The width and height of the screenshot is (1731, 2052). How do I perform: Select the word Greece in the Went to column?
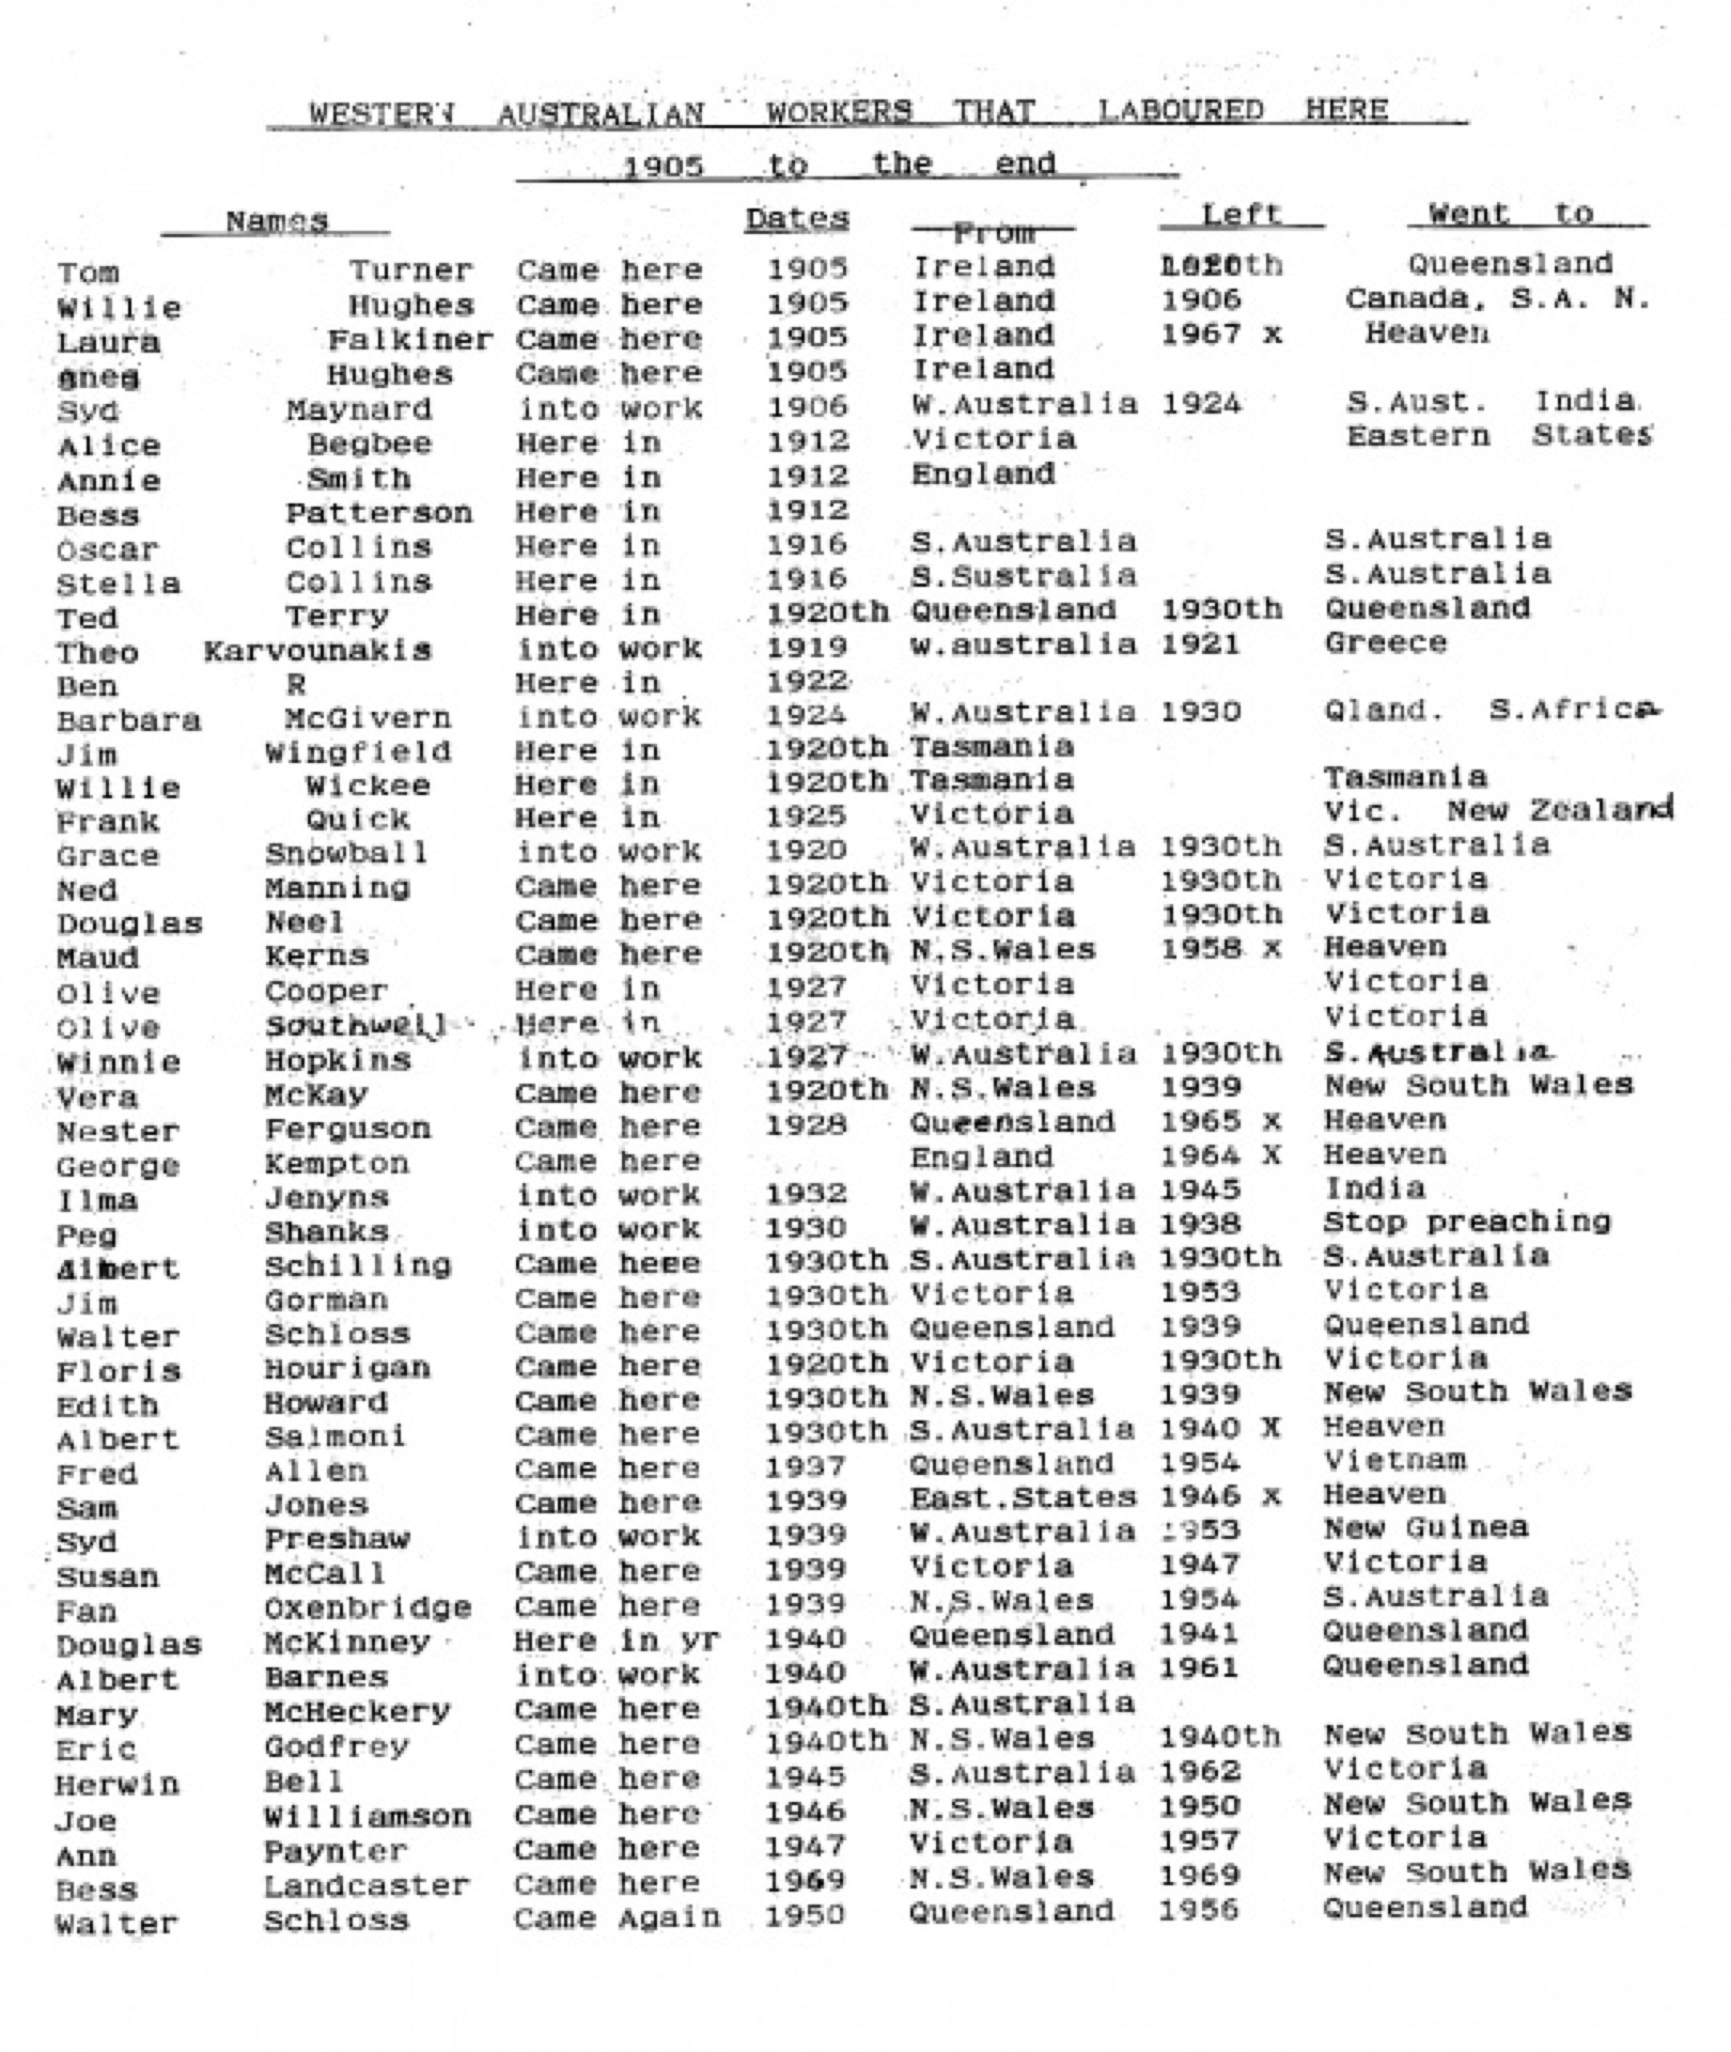pos(1385,643)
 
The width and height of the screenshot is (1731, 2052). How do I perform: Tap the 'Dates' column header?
pos(796,218)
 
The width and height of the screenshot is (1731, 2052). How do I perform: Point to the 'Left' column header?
pos(1241,214)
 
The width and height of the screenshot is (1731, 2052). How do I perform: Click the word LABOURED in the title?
pos(1180,110)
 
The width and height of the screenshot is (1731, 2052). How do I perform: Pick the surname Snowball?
pos(346,853)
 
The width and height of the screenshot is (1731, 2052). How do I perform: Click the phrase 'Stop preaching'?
pos(1466,1222)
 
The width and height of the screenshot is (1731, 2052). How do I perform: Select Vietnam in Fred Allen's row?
pos(1394,1460)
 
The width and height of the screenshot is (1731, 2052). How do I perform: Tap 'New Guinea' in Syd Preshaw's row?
pos(1425,1528)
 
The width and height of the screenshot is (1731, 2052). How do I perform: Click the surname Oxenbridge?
pos(368,1607)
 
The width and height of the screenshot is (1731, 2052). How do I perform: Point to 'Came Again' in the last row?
pos(617,1917)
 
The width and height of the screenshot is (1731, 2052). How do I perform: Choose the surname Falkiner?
pos(410,340)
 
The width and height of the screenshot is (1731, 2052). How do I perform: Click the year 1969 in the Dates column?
pos(805,1880)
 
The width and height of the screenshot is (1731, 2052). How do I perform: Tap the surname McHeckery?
pos(357,1711)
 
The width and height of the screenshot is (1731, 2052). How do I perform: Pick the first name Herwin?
pos(117,1783)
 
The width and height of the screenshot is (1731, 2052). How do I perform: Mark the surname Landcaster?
pos(367,1885)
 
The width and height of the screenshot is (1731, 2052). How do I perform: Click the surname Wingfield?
pos(357,753)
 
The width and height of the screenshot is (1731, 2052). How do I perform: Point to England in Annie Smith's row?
pos(983,474)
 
